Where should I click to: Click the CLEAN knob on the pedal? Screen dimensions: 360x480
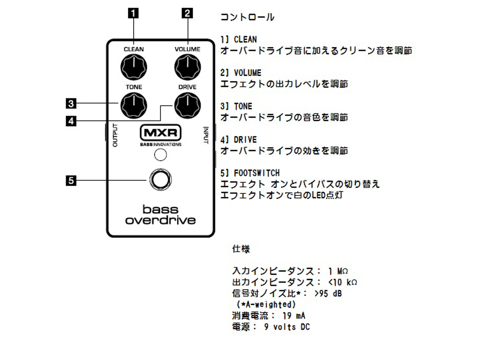(133, 67)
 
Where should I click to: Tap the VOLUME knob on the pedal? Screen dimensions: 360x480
(187, 67)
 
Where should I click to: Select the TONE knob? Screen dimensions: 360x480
(133, 105)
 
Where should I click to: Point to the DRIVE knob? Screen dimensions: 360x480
(187, 105)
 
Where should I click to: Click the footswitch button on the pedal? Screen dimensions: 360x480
(160, 180)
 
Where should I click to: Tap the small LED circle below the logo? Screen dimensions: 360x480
(160, 154)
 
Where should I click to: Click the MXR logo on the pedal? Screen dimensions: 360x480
(160, 133)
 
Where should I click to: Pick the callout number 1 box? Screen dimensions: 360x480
(133, 13)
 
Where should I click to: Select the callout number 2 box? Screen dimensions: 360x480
(187, 13)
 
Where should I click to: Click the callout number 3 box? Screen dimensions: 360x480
(70, 103)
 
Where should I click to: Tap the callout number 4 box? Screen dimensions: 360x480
(70, 121)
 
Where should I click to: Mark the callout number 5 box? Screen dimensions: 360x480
(70, 180)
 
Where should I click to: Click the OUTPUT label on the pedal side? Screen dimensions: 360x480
(115, 135)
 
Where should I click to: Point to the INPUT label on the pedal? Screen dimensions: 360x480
(205, 135)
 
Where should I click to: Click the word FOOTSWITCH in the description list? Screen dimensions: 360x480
(256, 173)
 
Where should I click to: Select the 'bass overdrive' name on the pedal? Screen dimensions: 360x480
(160, 214)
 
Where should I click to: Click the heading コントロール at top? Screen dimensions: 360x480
(247, 17)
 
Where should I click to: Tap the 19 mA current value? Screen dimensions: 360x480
(294, 316)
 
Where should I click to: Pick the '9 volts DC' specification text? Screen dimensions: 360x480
(287, 327)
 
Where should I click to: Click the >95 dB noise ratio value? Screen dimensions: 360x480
(328, 293)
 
